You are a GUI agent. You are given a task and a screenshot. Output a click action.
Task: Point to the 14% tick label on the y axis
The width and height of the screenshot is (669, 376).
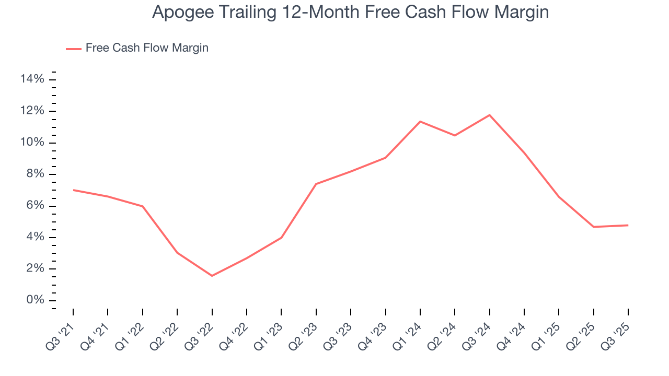32,79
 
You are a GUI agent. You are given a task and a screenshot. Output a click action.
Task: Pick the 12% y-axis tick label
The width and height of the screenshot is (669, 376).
32,111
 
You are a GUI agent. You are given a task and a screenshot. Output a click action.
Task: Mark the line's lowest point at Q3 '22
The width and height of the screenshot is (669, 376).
212,276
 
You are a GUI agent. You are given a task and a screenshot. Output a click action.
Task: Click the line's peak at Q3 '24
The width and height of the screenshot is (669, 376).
489,115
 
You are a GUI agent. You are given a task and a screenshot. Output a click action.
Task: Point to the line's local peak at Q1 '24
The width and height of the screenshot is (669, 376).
420,122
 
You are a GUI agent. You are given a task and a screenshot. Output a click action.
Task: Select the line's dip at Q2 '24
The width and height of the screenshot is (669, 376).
455,135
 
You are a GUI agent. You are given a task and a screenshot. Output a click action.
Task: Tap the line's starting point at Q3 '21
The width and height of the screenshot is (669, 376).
73,190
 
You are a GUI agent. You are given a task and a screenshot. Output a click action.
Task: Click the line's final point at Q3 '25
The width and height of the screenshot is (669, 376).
628,225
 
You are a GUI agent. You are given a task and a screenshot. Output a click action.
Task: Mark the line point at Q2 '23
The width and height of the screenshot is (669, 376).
316,184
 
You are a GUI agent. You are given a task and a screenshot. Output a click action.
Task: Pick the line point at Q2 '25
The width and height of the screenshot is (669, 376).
593,227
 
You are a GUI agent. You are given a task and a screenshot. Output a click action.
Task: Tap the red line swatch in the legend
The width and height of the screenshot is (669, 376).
74,49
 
